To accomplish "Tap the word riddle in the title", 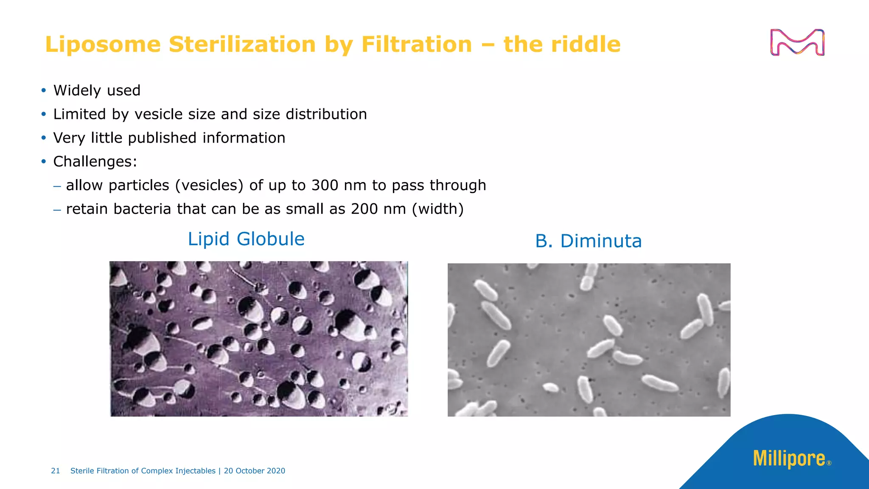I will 585,44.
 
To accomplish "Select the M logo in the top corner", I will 797,42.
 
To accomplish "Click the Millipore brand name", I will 789,459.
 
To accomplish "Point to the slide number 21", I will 55,471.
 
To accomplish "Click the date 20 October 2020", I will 255,471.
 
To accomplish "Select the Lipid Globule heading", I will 246,239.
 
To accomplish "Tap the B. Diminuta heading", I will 588,241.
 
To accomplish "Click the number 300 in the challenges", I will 325,185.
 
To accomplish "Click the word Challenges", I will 95,162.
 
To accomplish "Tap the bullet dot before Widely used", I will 43,90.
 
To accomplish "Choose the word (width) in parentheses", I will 437,209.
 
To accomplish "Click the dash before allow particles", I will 57,185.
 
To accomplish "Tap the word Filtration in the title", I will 416,44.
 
